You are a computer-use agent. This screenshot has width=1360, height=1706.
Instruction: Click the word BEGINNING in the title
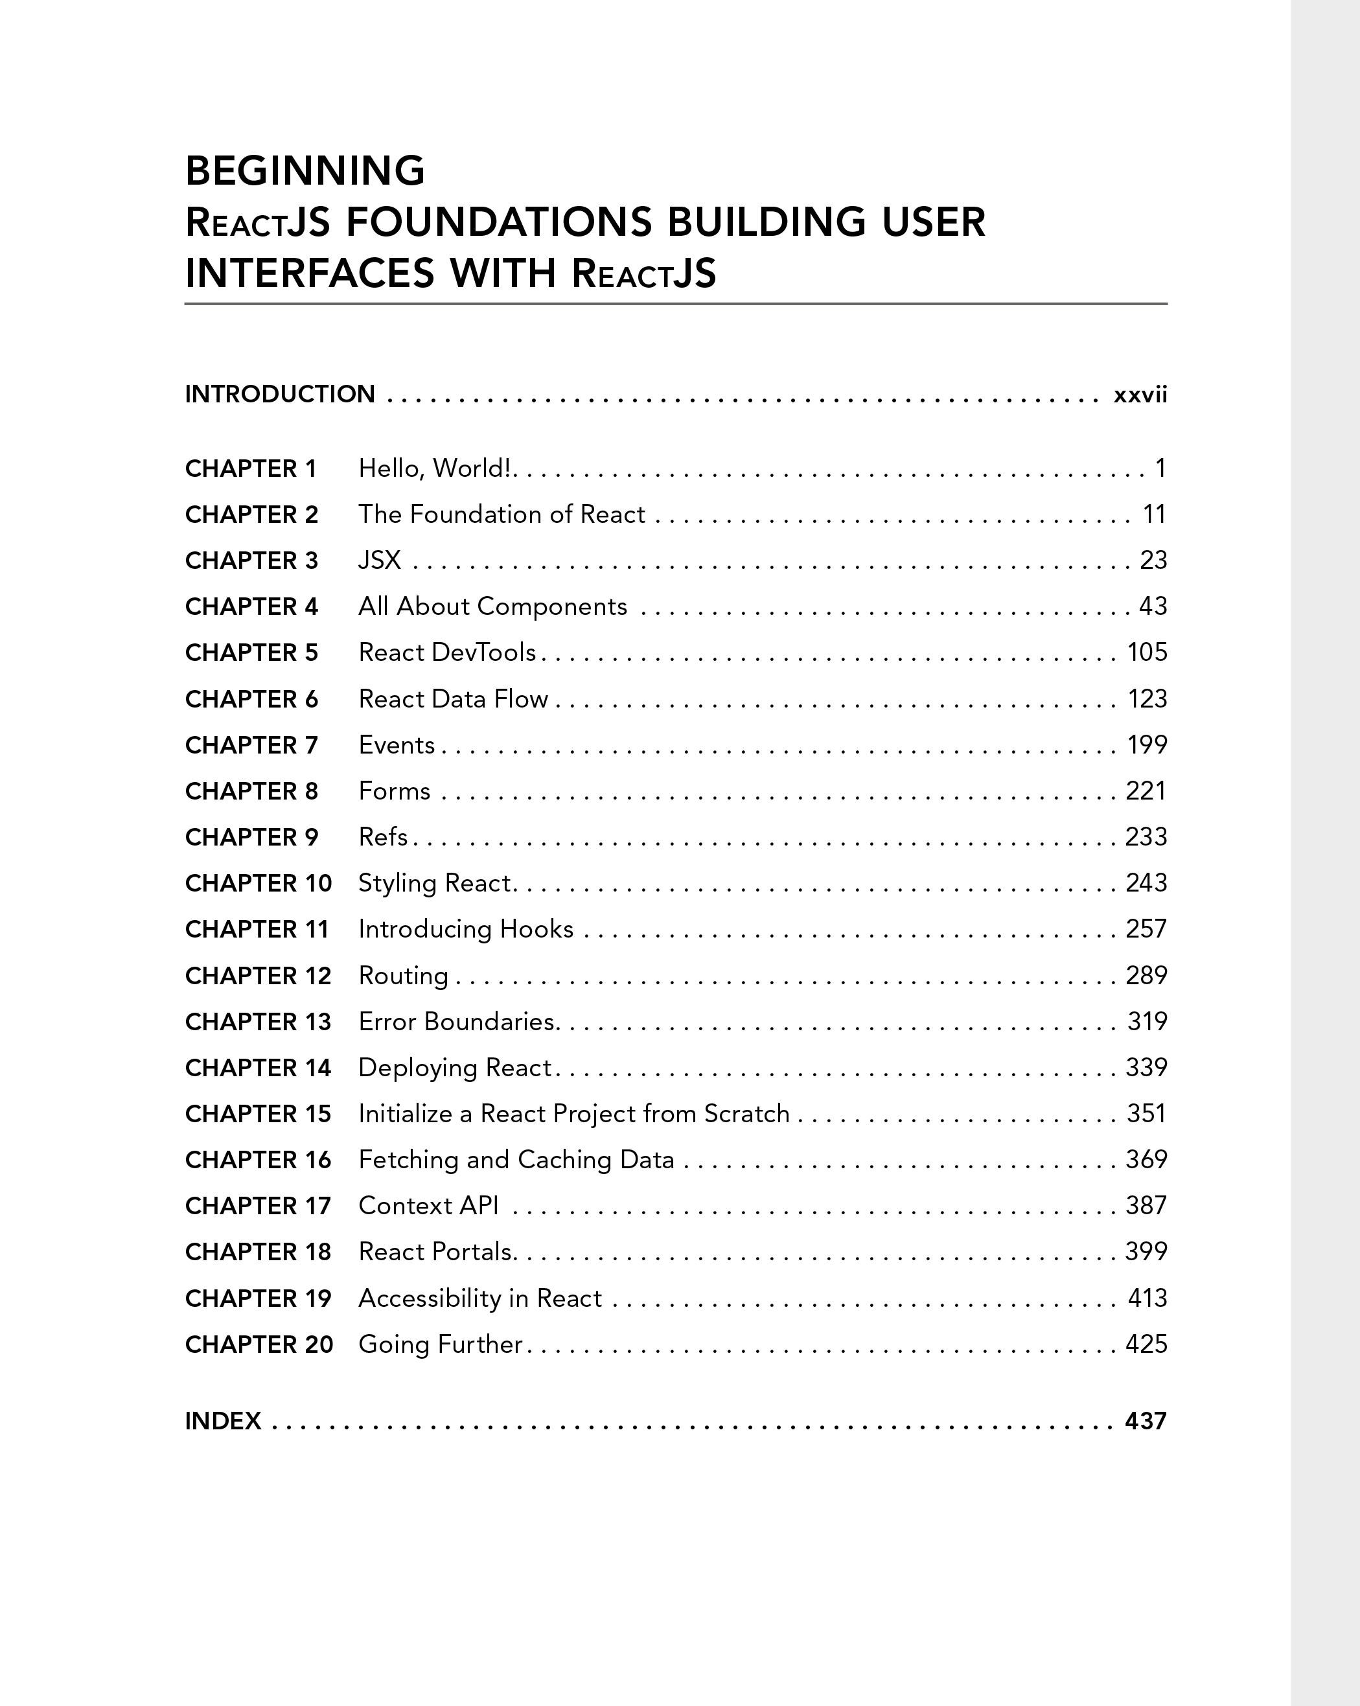(x=305, y=171)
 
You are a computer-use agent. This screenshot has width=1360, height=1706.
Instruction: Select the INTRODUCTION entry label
(x=279, y=394)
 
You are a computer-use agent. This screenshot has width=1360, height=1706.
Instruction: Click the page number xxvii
(x=1140, y=394)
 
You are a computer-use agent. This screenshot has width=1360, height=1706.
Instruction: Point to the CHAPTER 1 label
(x=250, y=469)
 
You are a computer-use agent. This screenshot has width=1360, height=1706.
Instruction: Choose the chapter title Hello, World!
(x=437, y=468)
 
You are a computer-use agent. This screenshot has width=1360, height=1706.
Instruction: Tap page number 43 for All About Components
(x=1153, y=606)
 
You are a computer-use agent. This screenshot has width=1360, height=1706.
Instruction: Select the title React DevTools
(x=447, y=652)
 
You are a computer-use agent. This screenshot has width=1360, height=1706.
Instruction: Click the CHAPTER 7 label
(x=251, y=745)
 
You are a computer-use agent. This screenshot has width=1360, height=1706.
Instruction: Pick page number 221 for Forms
(x=1146, y=791)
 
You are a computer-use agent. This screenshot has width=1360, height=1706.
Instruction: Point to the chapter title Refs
(x=383, y=837)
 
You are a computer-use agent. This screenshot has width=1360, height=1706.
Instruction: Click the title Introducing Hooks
(x=465, y=929)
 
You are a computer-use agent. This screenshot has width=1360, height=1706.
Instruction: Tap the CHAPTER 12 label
(x=258, y=976)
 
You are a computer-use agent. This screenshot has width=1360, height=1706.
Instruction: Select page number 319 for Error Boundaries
(x=1147, y=1022)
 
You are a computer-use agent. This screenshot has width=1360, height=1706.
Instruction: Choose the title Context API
(x=428, y=1205)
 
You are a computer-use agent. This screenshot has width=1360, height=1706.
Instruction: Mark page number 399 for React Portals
(x=1146, y=1251)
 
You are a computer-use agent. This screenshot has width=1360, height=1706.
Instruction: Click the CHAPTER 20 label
(x=259, y=1344)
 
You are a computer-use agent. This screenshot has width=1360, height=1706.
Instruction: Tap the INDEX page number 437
(x=1146, y=1421)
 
